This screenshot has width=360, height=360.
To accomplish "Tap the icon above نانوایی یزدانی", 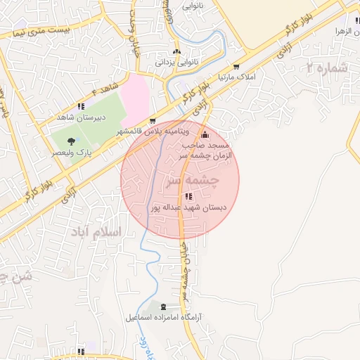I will (x=176, y=51).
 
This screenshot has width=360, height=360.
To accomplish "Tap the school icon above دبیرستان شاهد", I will (x=80, y=107).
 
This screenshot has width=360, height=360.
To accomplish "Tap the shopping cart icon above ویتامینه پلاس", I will (x=153, y=121).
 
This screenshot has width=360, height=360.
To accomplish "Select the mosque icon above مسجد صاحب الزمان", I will (x=205, y=135).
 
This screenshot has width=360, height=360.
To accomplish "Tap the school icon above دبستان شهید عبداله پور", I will (x=188, y=196).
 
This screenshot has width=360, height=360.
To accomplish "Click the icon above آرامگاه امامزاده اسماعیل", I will (x=165, y=307).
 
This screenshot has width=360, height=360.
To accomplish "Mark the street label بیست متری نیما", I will (x=45, y=31).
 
